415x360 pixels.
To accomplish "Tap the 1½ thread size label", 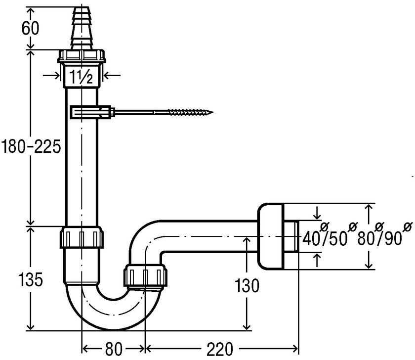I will click(81, 77).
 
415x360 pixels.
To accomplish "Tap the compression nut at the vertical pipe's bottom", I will click(83, 237).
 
